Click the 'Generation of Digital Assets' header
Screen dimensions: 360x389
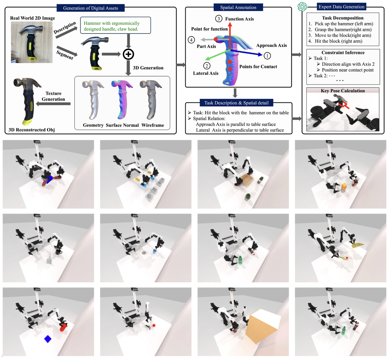point(90,8)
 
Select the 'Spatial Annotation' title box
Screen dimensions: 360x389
point(238,7)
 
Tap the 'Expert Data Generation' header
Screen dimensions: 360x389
point(341,7)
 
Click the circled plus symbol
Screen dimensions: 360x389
point(128,54)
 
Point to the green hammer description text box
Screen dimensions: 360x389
point(115,26)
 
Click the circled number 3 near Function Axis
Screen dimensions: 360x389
point(219,19)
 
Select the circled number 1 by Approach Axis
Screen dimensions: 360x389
point(267,56)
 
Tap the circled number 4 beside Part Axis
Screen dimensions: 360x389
point(191,40)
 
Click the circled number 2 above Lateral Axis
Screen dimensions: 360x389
point(207,66)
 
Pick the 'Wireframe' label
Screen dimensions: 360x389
point(153,125)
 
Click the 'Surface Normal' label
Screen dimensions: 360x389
point(122,125)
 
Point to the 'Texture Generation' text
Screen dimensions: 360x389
point(53,96)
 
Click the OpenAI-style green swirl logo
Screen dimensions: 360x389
point(302,7)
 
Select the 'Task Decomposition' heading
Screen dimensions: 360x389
point(343,18)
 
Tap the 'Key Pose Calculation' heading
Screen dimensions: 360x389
point(343,91)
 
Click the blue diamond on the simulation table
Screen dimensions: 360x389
point(48,339)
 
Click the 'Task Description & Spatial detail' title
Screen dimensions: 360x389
point(236,103)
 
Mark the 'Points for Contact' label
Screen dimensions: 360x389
point(258,67)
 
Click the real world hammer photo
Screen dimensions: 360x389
point(32,42)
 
